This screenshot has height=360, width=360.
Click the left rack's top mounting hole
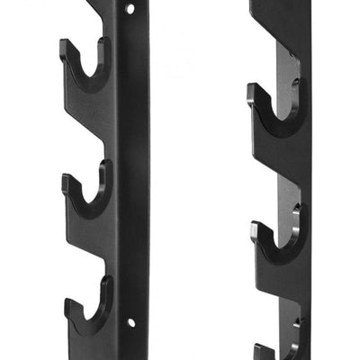pos(131,8)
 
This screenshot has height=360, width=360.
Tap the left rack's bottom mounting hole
pos(131,321)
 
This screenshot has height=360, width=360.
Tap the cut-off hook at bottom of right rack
pos(270,349)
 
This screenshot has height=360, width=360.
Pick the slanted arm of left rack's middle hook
pos(90,229)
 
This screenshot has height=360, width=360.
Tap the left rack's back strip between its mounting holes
pos(132,162)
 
